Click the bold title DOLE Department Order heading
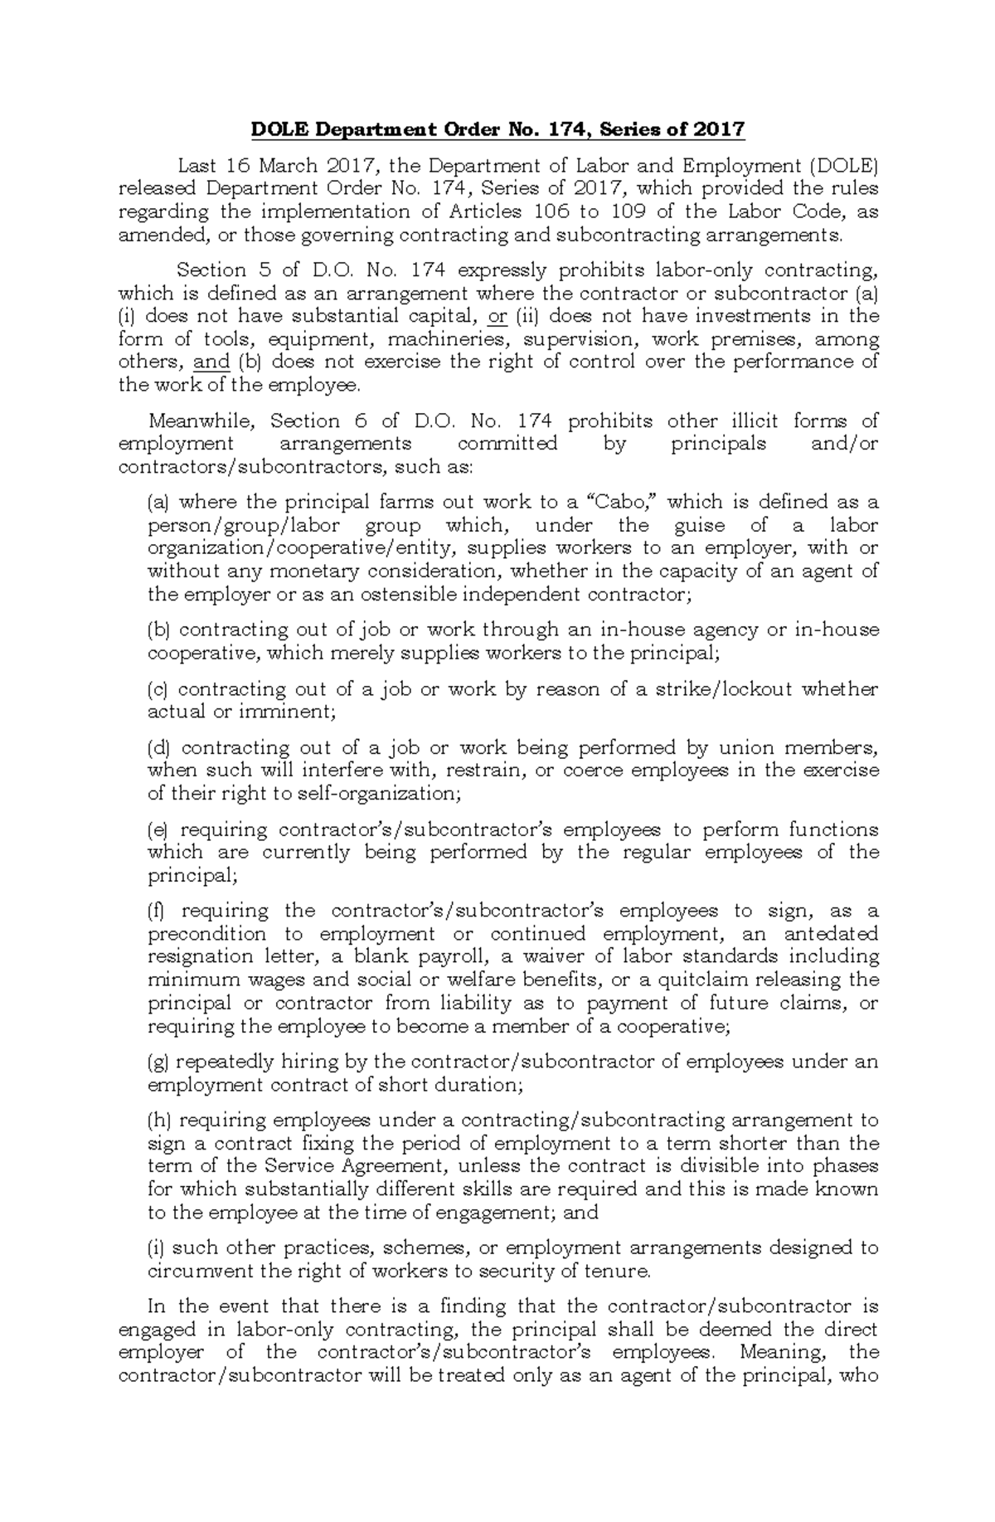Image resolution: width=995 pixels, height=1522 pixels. pyautogui.click(x=498, y=130)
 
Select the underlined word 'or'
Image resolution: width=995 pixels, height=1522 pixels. pyautogui.click(x=498, y=316)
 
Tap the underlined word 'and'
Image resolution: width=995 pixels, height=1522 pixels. pyautogui.click(x=211, y=362)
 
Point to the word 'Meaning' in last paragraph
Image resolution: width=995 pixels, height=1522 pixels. pyautogui.click(x=776, y=1352)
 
